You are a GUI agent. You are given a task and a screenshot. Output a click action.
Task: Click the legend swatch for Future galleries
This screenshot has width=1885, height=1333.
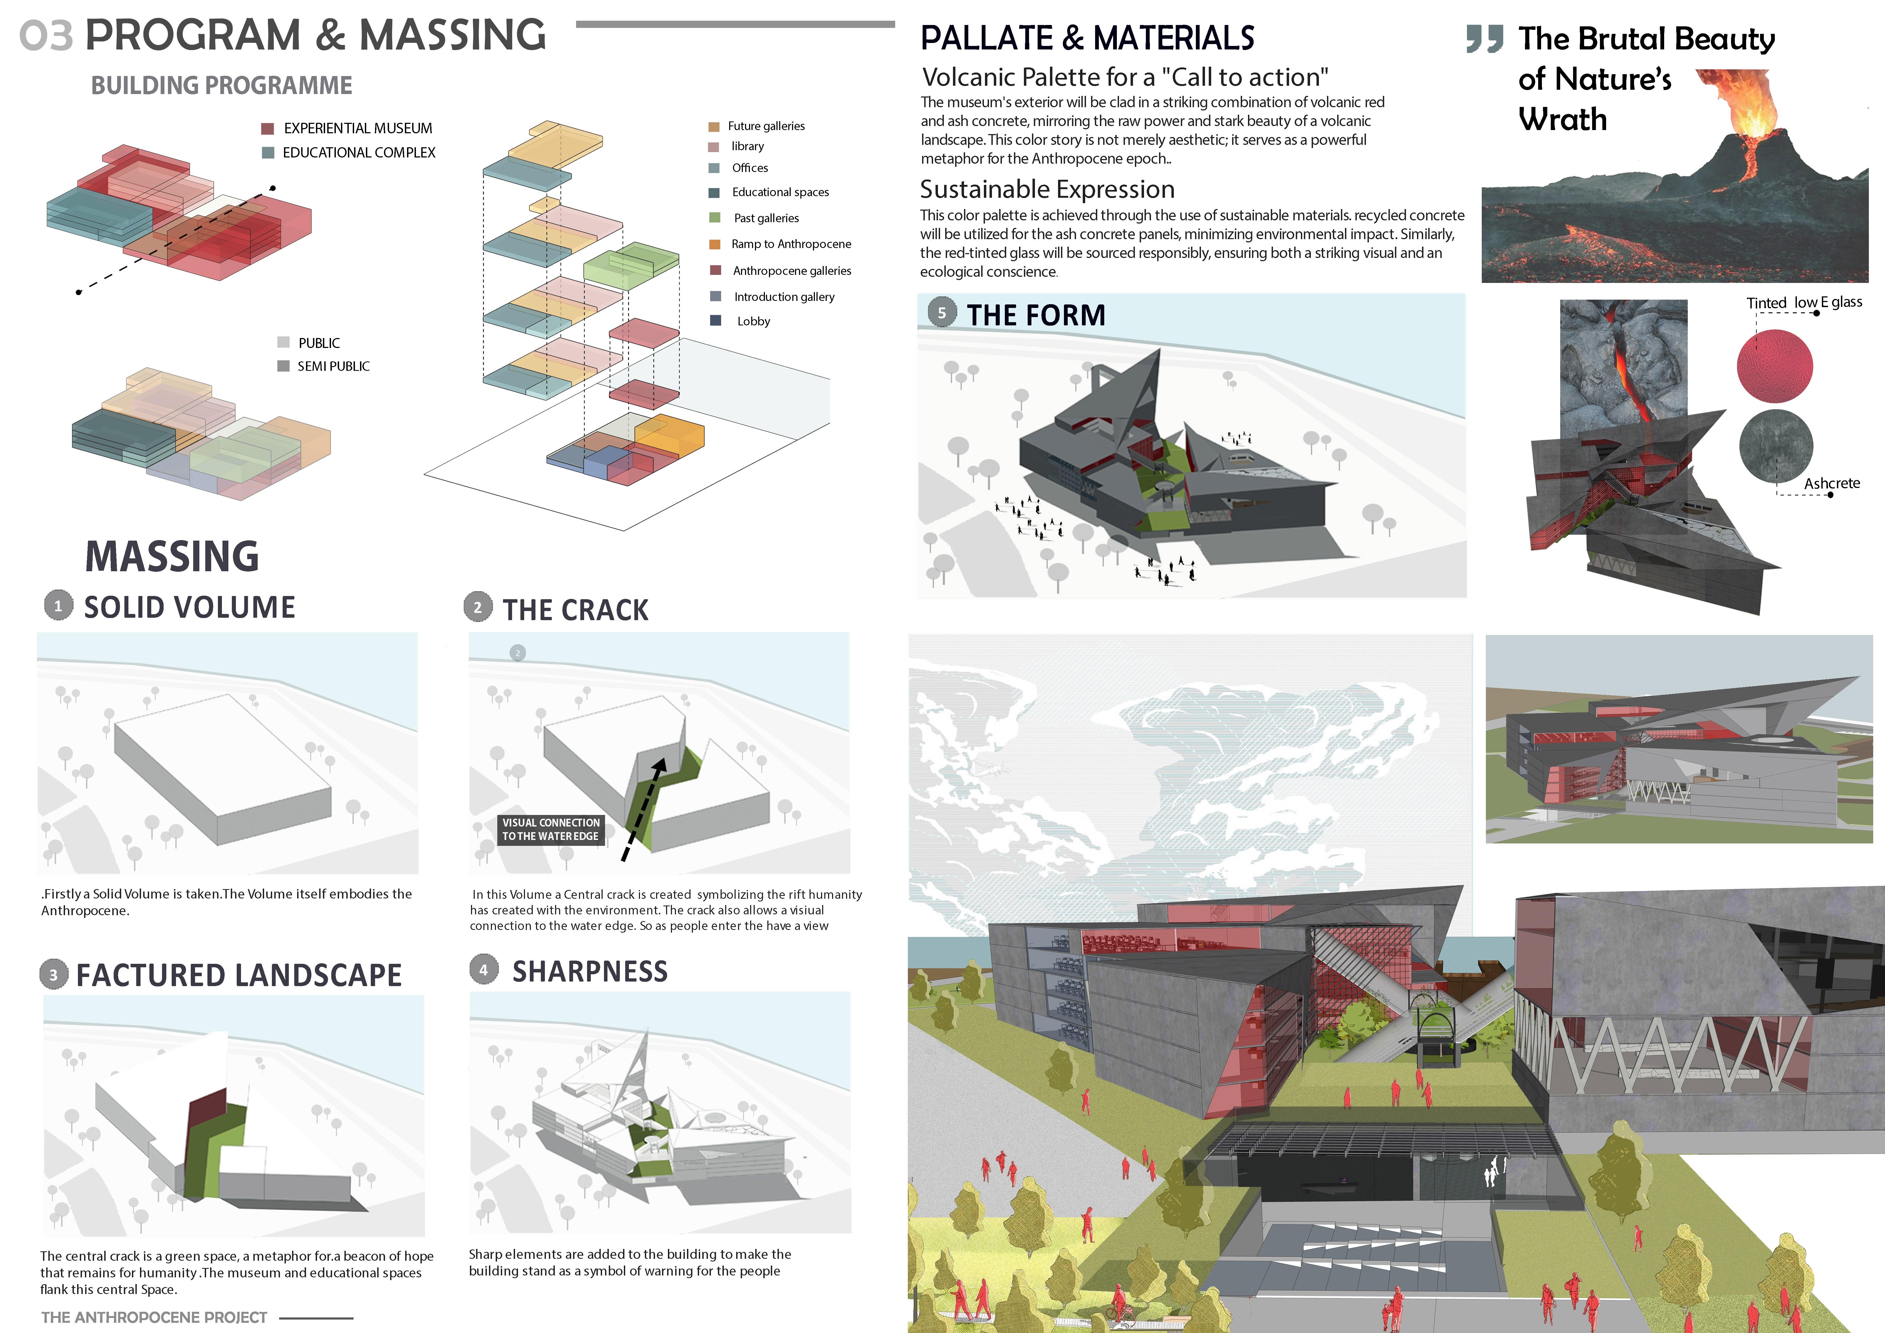[x=713, y=127]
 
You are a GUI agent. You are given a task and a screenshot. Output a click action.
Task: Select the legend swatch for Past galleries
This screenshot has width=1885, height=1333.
[x=714, y=218]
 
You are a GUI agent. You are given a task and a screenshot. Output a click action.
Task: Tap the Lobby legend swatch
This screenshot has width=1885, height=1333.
[x=715, y=320]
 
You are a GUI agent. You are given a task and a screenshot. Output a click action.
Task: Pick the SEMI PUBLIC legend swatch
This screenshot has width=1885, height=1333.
[x=283, y=365]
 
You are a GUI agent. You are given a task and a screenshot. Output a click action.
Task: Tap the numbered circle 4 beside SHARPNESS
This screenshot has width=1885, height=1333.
[x=484, y=969]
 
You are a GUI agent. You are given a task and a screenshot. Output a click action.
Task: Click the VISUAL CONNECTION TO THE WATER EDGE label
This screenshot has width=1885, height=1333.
[x=551, y=829]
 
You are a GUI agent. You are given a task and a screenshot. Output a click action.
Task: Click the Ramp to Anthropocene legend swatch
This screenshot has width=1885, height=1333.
[x=714, y=244]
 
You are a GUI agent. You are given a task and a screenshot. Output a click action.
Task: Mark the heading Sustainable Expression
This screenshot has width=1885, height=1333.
[x=1047, y=190]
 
